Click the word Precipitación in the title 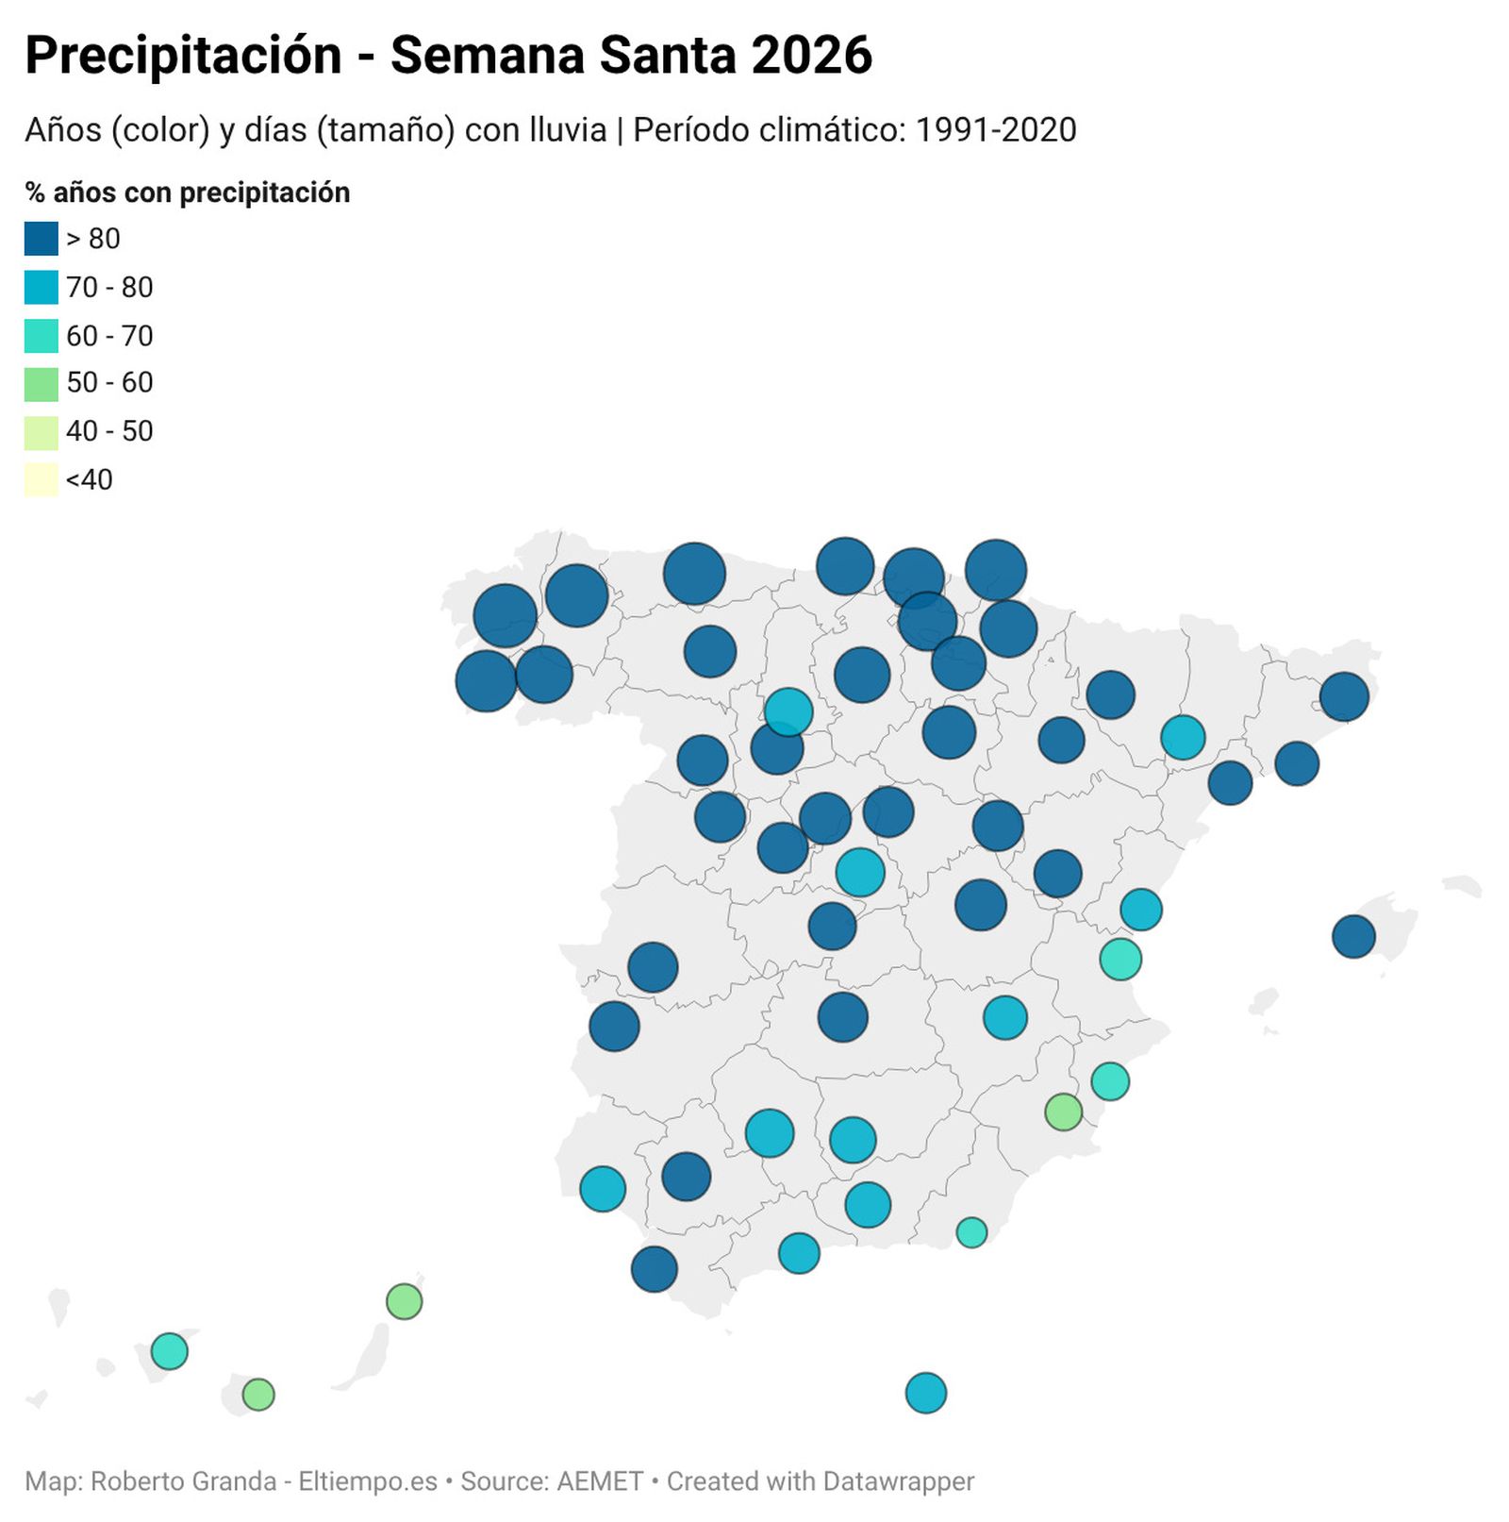click(183, 56)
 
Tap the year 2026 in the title click(811, 56)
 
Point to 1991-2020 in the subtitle click(996, 130)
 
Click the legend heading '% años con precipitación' click(188, 192)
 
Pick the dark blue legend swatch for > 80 click(41, 239)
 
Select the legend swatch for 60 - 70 click(41, 336)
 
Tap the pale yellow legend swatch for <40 click(41, 479)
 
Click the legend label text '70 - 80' click(109, 287)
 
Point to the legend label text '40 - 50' click(109, 431)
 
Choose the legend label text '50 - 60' click(109, 382)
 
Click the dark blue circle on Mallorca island click(1353, 937)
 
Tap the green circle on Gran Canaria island click(258, 1394)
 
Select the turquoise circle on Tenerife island click(170, 1351)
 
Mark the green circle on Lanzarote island click(404, 1302)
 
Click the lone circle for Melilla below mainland click(925, 1393)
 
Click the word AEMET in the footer click(601, 1481)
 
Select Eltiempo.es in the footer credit click(368, 1481)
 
